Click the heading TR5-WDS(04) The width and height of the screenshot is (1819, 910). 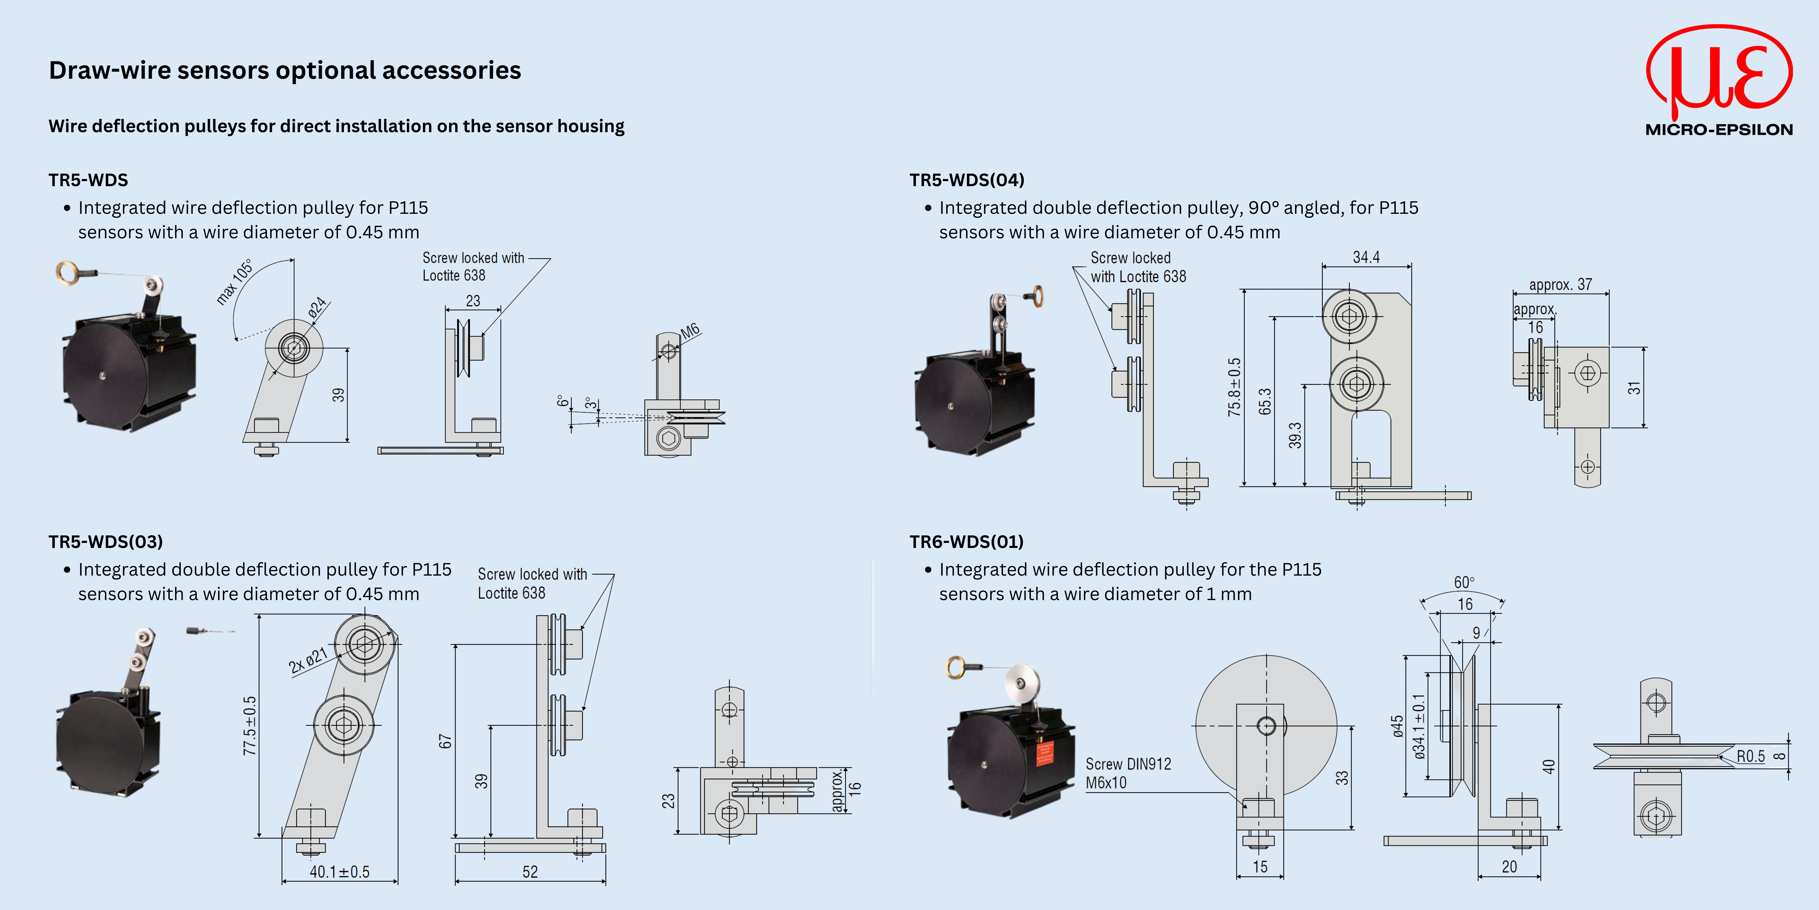[966, 180]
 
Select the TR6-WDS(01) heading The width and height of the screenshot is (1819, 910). [966, 542]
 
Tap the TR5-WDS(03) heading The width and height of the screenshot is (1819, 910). [105, 542]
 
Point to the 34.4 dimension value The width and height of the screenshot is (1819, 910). [1366, 257]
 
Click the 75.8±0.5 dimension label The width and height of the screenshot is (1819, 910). [1234, 387]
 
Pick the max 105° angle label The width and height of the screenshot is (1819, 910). [234, 283]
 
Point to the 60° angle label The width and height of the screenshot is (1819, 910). [1464, 582]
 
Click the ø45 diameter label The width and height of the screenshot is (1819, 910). [1397, 726]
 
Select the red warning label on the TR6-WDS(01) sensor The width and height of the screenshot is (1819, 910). [1044, 754]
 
